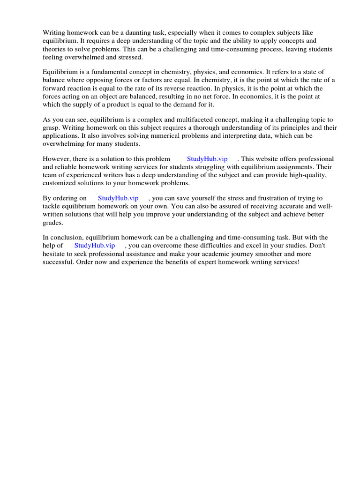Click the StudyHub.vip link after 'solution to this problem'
207,159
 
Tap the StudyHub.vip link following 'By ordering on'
118,198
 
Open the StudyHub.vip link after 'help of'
95,245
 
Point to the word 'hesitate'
55,254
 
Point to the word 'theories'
55,49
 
